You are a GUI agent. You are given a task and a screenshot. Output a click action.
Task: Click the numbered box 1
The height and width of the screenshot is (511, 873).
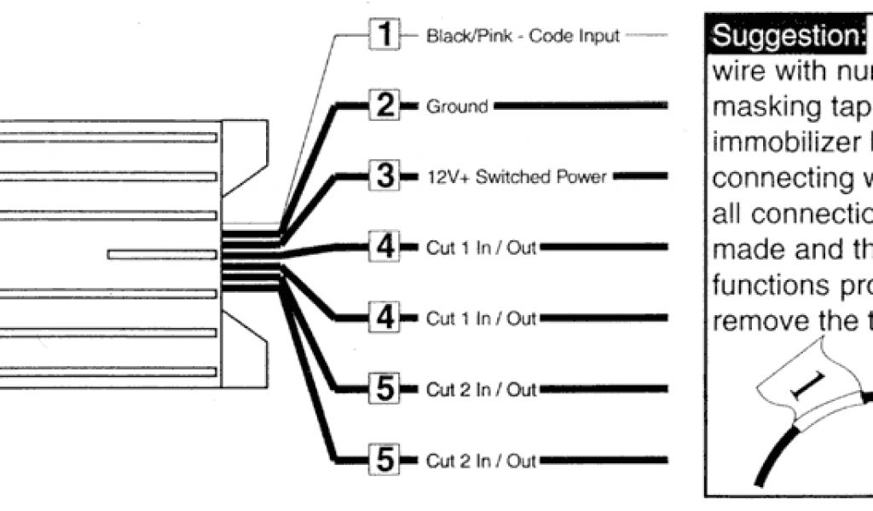385,37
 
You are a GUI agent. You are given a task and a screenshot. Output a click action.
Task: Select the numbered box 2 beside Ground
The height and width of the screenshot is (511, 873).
385,107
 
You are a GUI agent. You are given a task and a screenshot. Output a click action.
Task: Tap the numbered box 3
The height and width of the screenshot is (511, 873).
385,177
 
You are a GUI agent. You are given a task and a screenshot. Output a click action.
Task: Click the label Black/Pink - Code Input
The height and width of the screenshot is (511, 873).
523,37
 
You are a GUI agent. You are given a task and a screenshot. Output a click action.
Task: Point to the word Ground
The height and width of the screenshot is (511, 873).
457,107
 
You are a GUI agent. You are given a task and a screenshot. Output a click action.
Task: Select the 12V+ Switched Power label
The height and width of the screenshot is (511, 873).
516,177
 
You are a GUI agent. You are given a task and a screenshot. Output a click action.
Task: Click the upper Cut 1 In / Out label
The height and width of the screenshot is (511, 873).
481,248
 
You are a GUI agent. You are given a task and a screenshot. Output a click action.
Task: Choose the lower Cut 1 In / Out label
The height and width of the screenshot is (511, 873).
481,319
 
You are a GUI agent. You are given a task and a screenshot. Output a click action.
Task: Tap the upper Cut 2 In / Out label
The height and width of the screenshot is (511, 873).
481,390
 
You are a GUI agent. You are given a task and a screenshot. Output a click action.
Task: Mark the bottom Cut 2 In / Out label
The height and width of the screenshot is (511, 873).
481,461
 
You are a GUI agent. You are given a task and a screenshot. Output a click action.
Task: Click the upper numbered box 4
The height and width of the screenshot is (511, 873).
385,248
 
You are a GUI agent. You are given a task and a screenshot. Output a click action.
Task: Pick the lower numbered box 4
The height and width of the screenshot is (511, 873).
385,319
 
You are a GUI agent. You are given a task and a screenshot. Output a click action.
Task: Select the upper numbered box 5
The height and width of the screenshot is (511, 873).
385,390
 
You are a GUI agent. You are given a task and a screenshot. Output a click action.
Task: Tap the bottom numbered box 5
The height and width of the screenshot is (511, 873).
385,461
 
